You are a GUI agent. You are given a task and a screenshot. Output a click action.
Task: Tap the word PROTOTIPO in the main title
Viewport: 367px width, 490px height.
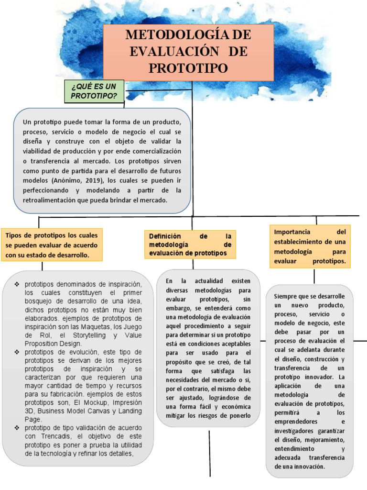[x=188, y=67]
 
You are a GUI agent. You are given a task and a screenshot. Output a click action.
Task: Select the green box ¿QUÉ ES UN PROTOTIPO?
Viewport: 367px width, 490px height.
[x=94, y=91]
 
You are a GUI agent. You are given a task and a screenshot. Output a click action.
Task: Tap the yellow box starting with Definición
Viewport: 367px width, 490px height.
[x=190, y=245]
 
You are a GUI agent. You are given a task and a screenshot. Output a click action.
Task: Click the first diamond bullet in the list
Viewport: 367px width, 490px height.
[x=17, y=284]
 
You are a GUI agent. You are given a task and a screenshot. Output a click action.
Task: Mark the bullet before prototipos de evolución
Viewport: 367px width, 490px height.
[x=17, y=353]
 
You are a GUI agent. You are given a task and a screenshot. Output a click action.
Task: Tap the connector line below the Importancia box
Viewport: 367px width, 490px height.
[x=314, y=277]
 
